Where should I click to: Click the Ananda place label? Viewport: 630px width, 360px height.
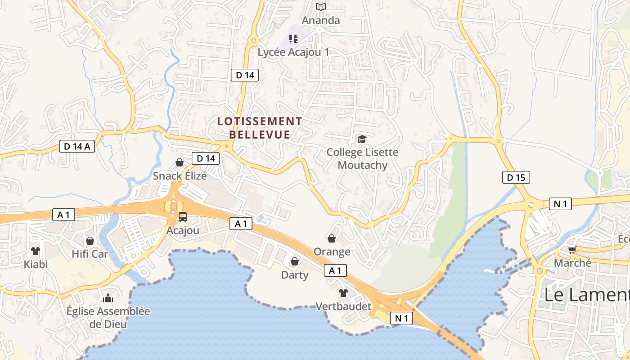(x=320, y=20)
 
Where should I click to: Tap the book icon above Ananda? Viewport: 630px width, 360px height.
(x=320, y=7)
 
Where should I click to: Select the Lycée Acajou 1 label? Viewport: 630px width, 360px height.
(x=293, y=52)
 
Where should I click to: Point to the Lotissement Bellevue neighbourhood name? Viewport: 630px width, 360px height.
(x=260, y=128)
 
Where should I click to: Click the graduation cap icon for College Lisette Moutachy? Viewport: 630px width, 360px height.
(x=362, y=139)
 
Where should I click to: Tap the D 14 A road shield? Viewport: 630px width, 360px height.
(x=77, y=146)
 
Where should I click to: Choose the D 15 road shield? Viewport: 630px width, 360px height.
(x=516, y=177)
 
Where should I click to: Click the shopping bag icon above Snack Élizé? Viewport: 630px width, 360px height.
(x=180, y=162)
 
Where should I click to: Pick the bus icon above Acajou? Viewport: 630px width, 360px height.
(x=183, y=217)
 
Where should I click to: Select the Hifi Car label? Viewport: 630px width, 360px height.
(x=90, y=254)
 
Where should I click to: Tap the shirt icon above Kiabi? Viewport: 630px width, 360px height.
(x=36, y=251)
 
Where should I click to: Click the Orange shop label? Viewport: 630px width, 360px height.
(x=332, y=252)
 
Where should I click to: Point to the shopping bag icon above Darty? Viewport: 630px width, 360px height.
(x=295, y=261)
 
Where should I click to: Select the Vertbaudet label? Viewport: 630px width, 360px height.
(x=343, y=306)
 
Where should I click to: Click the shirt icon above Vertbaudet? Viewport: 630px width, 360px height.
(x=343, y=293)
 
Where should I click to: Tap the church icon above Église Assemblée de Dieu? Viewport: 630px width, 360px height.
(x=108, y=298)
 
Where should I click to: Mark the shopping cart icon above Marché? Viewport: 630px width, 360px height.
(x=572, y=250)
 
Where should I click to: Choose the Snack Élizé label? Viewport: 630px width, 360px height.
(x=180, y=175)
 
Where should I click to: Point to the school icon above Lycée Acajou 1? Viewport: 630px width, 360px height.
(x=293, y=39)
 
